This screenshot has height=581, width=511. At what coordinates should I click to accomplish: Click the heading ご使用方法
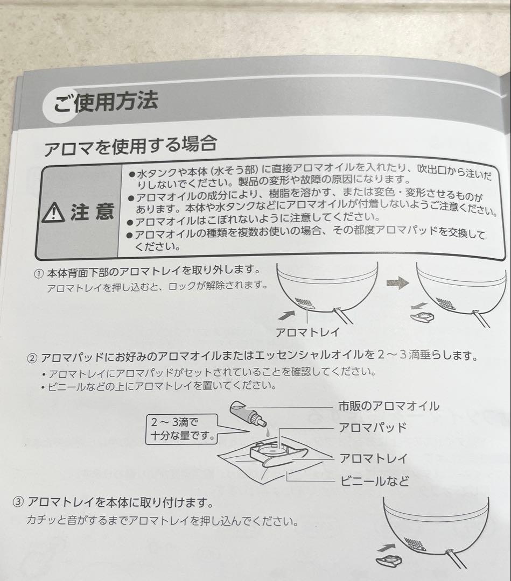(x=106, y=101)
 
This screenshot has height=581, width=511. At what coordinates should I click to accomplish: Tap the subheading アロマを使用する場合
(x=130, y=145)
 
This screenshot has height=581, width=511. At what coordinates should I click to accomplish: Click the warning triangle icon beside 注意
(x=53, y=212)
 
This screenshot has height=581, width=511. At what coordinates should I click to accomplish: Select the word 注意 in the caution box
(x=92, y=211)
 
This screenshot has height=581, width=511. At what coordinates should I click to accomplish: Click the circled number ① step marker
(x=39, y=274)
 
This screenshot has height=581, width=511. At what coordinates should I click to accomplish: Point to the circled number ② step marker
(x=32, y=359)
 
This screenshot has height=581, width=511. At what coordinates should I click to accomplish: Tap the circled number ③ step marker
(x=18, y=502)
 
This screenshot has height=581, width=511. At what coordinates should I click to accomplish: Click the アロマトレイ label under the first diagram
(x=307, y=332)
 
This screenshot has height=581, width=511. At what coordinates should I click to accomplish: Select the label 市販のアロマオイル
(x=389, y=406)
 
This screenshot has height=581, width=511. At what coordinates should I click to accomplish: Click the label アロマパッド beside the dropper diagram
(x=373, y=428)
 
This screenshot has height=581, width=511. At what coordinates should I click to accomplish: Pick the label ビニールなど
(x=375, y=481)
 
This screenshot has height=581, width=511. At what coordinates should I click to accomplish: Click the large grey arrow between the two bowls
(x=397, y=284)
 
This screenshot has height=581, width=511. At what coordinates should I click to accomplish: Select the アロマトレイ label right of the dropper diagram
(x=374, y=458)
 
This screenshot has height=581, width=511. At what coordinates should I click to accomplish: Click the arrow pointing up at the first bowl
(x=286, y=315)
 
